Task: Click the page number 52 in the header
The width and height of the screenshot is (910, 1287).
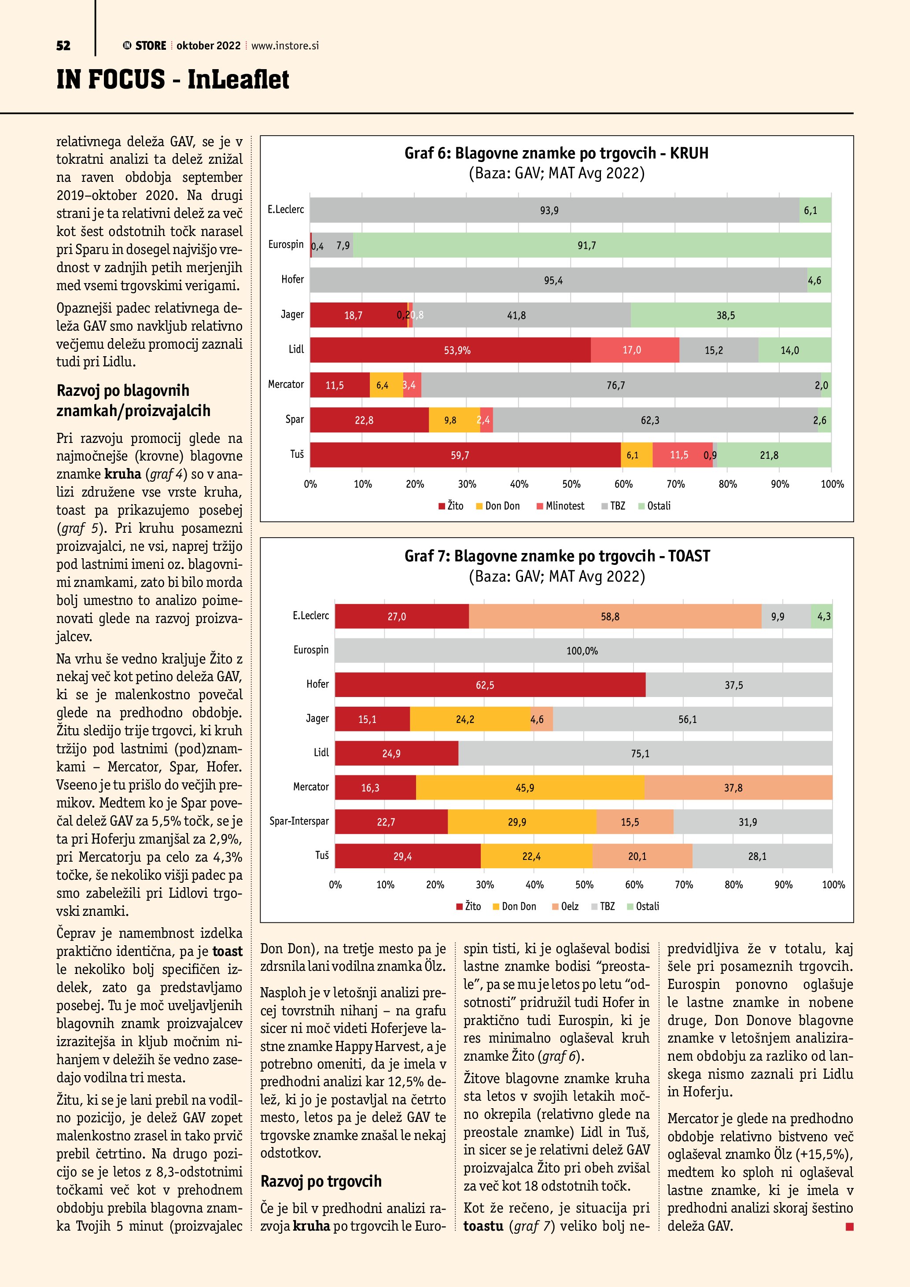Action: click(x=63, y=46)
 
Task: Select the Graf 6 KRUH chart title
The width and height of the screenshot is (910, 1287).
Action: click(x=556, y=153)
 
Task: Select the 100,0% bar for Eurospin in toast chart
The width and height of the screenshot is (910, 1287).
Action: click(x=583, y=651)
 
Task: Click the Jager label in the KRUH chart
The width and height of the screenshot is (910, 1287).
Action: click(x=292, y=314)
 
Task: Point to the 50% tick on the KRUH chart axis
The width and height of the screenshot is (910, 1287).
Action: click(x=571, y=484)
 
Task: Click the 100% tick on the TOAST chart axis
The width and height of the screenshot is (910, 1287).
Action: click(x=833, y=885)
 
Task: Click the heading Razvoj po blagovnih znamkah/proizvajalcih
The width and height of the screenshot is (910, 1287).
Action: click(x=133, y=400)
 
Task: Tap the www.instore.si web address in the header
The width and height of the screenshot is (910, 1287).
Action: click(x=285, y=46)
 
